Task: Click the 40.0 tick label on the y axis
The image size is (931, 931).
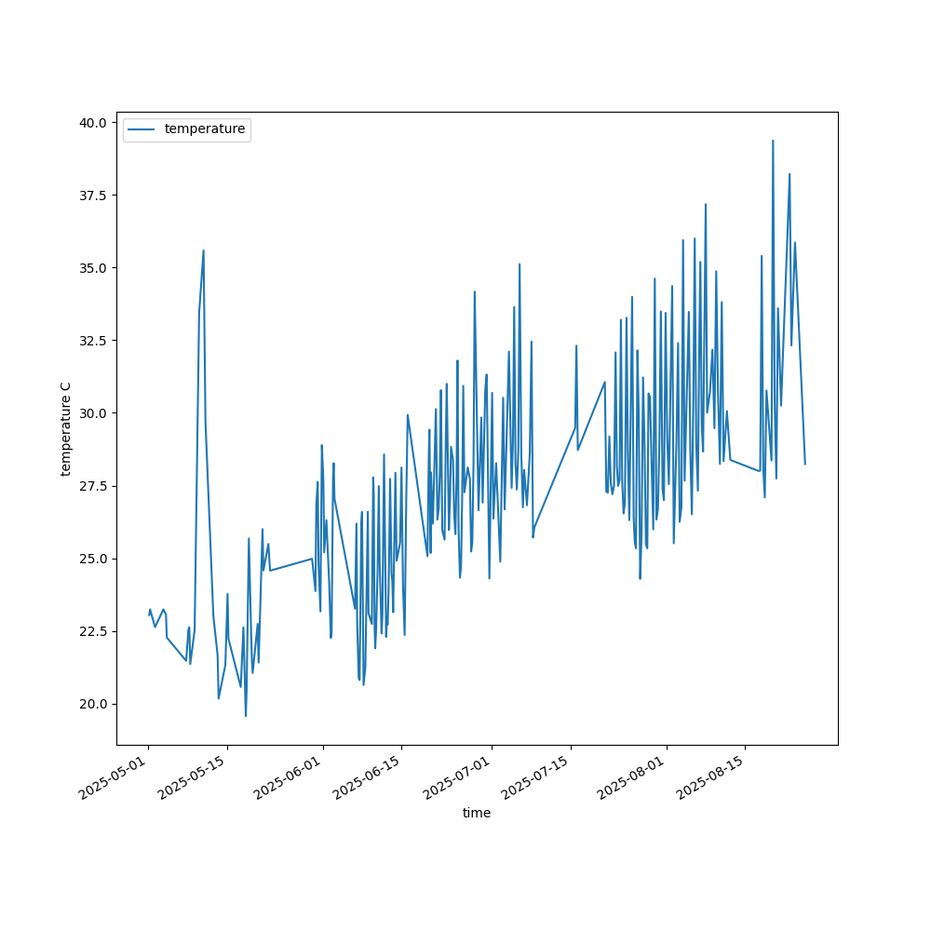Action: click(92, 123)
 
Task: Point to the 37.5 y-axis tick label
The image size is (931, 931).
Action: click(92, 196)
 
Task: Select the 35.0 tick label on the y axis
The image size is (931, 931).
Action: click(92, 268)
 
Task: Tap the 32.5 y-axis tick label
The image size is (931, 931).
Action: click(92, 341)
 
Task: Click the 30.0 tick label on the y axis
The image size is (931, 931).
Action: click(92, 413)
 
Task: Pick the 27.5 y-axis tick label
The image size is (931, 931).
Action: click(92, 486)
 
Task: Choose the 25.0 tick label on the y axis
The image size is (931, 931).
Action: click(92, 559)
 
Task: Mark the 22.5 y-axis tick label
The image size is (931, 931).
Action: click(92, 631)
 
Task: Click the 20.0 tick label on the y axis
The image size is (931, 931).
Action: click(92, 704)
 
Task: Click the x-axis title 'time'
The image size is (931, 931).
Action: click(477, 813)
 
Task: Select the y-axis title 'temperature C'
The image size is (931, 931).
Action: click(66, 428)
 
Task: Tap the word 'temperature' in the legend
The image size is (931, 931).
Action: click(205, 129)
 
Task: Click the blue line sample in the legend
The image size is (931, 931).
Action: click(143, 129)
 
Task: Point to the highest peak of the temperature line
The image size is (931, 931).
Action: click(773, 141)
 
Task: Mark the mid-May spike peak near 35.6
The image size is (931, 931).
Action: click(203, 250)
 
